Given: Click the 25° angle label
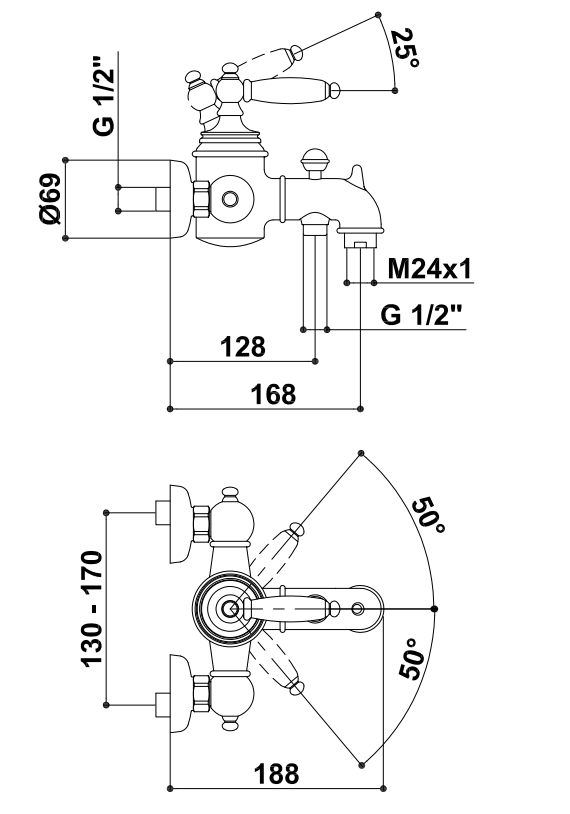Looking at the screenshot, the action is (x=405, y=48).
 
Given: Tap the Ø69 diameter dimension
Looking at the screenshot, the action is (x=50, y=199).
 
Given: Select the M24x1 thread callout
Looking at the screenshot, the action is (x=430, y=269).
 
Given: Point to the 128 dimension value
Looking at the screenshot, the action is (x=243, y=347).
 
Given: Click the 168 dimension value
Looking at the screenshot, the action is (x=274, y=394).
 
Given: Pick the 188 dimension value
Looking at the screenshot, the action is (x=276, y=774).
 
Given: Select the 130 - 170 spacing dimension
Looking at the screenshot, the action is (x=92, y=608).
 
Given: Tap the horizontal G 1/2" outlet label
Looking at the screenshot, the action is (x=421, y=315).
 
